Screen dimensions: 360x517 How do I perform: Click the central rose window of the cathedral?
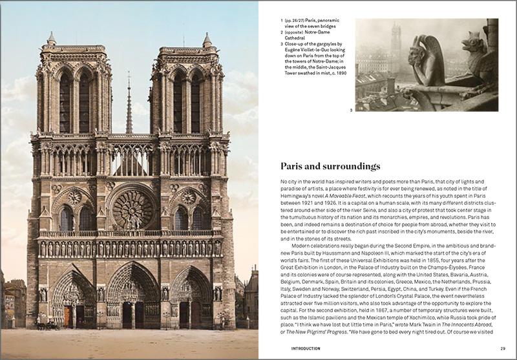pos(133,209)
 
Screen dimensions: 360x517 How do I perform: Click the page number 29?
pos(502,348)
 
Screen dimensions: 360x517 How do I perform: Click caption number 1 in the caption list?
pos(282,21)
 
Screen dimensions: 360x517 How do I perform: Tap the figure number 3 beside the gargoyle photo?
pos(351,111)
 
